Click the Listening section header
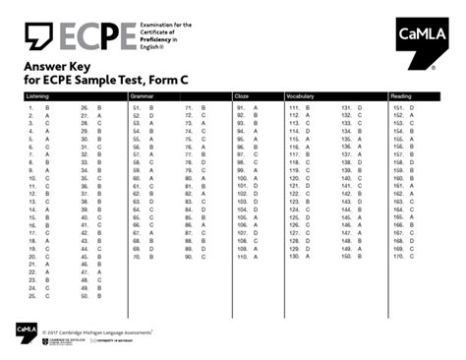pyautogui.click(x=37, y=96)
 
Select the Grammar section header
pyautogui.click(x=145, y=96)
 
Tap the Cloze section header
pyautogui.click(x=242, y=96)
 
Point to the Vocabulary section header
pyautogui.click(x=301, y=96)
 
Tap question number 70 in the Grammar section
pyautogui.click(x=136, y=258)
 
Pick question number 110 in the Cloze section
pyautogui.click(x=241, y=258)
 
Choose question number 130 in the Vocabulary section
pyautogui.click(x=293, y=258)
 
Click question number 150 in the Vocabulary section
pyautogui.click(x=345, y=258)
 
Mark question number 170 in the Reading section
pyautogui.click(x=397, y=258)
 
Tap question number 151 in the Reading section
pyautogui.click(x=397, y=107)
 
